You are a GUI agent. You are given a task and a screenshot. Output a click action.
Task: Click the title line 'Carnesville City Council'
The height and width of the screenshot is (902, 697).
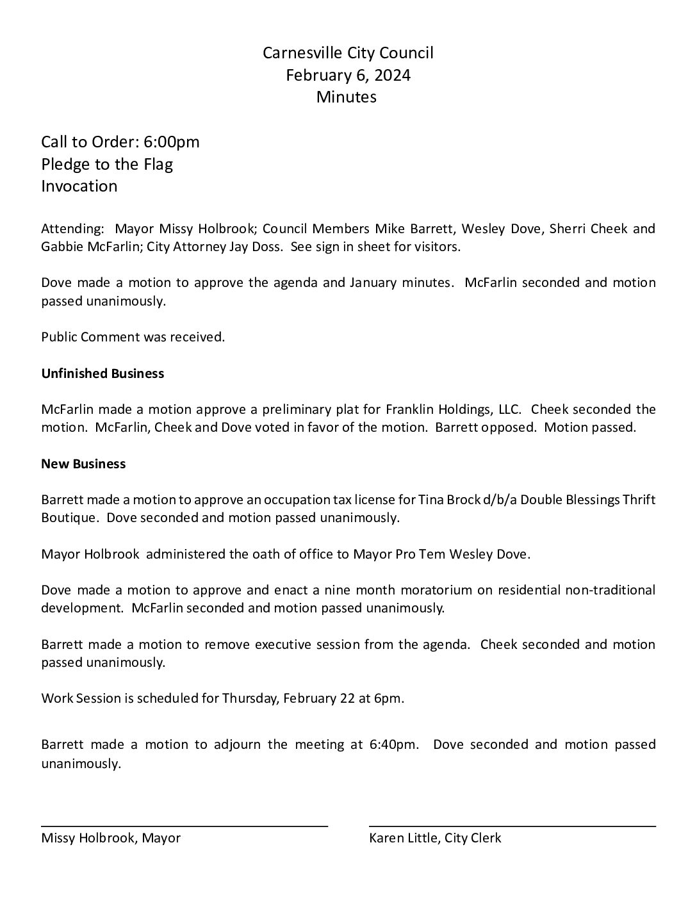click(348, 53)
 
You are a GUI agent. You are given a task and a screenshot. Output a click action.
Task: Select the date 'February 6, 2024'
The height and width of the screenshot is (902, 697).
click(348, 76)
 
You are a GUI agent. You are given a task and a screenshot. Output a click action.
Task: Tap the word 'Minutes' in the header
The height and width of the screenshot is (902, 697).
click(347, 97)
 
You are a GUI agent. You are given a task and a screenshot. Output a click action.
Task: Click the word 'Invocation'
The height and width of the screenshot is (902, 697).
click(79, 186)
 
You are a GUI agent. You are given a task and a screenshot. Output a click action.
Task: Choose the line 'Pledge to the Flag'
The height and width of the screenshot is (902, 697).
click(107, 164)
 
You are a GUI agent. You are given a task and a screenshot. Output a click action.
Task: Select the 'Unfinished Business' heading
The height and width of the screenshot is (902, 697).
click(102, 373)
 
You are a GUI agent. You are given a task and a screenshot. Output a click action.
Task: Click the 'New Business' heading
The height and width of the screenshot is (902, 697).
click(83, 464)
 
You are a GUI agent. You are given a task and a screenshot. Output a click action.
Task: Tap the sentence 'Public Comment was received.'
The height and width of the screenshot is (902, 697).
click(133, 337)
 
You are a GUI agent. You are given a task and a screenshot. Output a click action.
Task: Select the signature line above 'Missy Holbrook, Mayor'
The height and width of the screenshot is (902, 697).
click(184, 826)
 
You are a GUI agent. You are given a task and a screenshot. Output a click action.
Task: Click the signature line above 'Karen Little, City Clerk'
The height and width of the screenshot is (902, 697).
click(512, 826)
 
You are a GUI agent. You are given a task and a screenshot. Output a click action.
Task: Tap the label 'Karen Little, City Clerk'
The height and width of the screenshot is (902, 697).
click(435, 838)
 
